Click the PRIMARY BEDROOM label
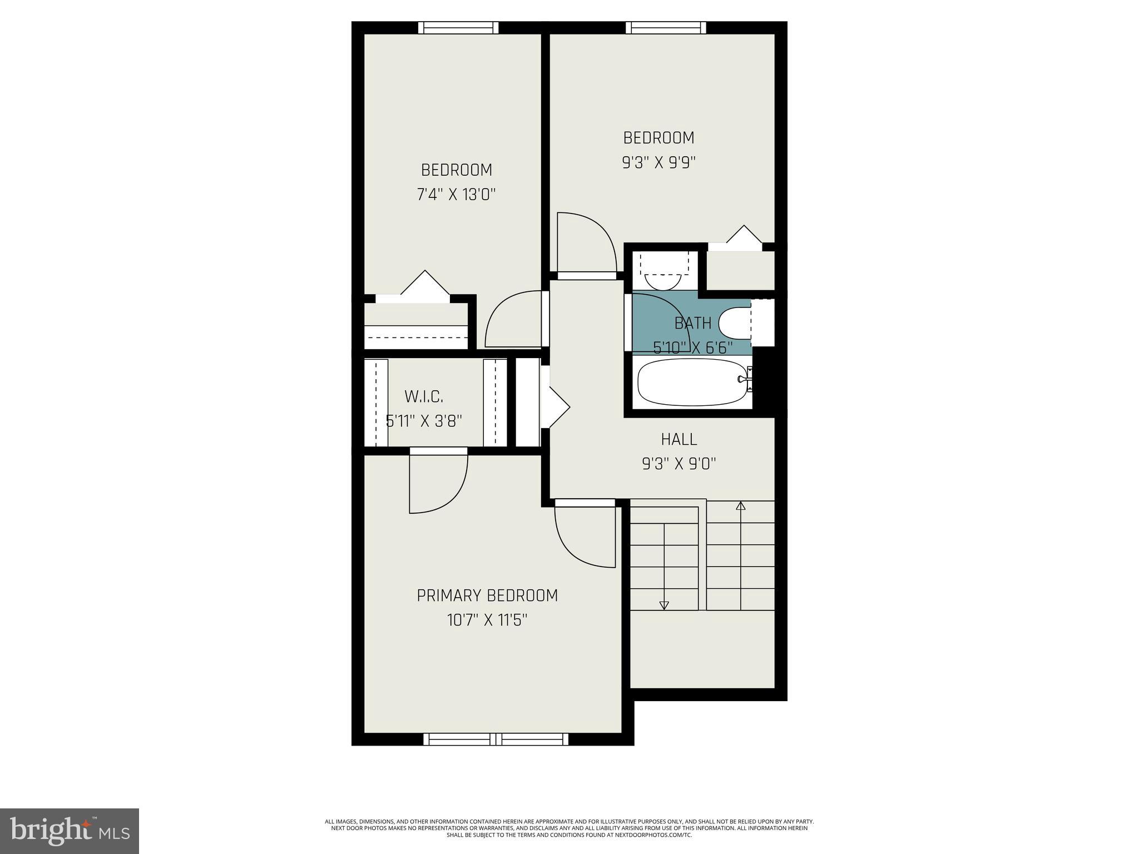(x=487, y=595)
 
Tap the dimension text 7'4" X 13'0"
(x=456, y=195)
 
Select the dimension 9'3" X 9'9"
(x=658, y=162)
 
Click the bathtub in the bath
(x=692, y=382)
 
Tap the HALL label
(x=679, y=439)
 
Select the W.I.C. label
(x=424, y=397)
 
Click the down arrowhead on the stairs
(x=663, y=605)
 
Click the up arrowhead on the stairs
(x=740, y=506)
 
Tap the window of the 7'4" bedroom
(x=458, y=28)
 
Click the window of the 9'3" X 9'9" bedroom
(x=666, y=28)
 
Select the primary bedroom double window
(x=496, y=739)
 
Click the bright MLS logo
(x=70, y=831)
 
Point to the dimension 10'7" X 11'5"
(x=487, y=620)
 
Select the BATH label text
(x=692, y=323)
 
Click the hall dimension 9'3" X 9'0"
(x=679, y=464)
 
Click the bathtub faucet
(x=744, y=379)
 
